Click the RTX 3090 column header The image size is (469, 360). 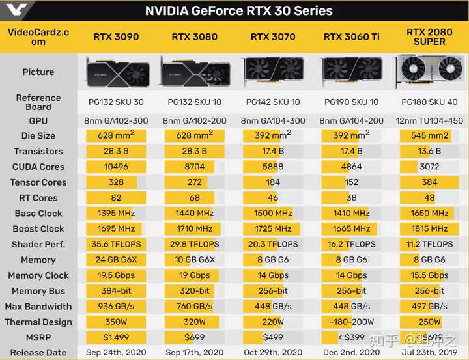[116, 37]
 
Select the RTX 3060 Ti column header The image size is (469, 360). [351, 37]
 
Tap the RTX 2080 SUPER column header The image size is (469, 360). [429, 37]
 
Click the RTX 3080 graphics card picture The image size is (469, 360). [194, 71]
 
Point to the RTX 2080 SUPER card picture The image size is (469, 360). [429, 71]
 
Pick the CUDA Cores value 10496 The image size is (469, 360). [116, 167]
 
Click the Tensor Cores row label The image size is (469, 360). [38, 182]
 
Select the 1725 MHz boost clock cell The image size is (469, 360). [273, 228]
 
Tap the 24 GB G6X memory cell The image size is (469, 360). [116, 260]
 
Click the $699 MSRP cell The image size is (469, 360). [194, 337]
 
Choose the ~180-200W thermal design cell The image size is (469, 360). [351, 322]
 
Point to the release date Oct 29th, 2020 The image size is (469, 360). [273, 352]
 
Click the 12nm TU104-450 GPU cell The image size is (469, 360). [429, 120]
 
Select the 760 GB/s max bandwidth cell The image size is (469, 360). [194, 306]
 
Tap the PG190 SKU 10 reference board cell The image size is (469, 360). [351, 102]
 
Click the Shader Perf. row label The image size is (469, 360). [38, 244]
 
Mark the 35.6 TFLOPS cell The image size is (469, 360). [116, 244]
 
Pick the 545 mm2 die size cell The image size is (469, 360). [429, 135]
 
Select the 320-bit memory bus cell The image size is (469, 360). [194, 291]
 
